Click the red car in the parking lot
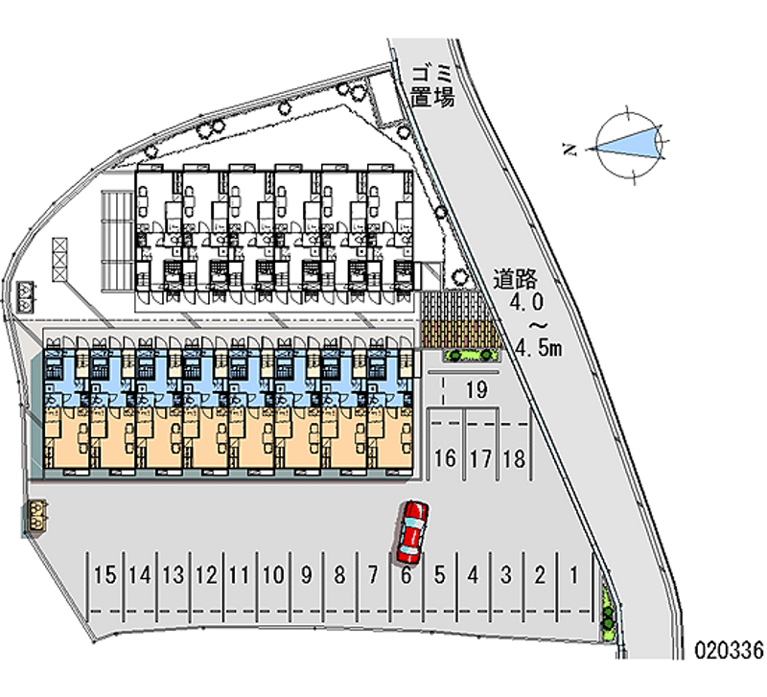(412, 531)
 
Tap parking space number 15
(106, 575)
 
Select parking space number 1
(573, 575)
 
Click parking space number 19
(476, 389)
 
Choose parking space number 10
(273, 575)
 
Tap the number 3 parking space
(505, 575)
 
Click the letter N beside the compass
(569, 149)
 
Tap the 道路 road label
(514, 280)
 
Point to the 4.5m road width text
(538, 347)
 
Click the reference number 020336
(729, 648)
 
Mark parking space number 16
(445, 458)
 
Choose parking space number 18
(514, 458)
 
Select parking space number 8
(339, 575)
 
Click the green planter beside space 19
(471, 356)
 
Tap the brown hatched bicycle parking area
(460, 319)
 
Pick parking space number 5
(439, 575)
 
